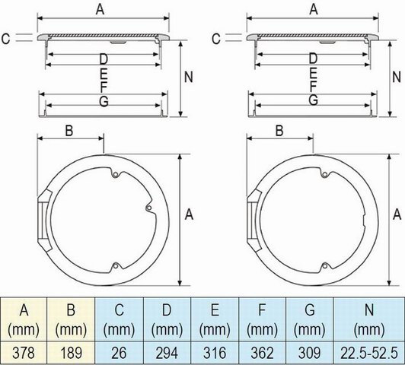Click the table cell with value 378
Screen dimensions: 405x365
tap(24, 353)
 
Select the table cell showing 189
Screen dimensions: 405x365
tap(71, 353)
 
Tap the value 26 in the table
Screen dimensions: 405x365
tap(119, 353)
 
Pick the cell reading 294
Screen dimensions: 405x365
tap(167, 353)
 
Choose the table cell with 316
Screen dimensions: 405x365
tap(215, 353)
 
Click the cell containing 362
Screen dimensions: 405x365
tap(262, 353)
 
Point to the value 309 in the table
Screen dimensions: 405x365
tap(309, 353)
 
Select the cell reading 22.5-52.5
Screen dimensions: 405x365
tap(369, 353)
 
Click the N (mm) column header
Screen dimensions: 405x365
tap(369, 319)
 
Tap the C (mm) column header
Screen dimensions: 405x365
tap(119, 319)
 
